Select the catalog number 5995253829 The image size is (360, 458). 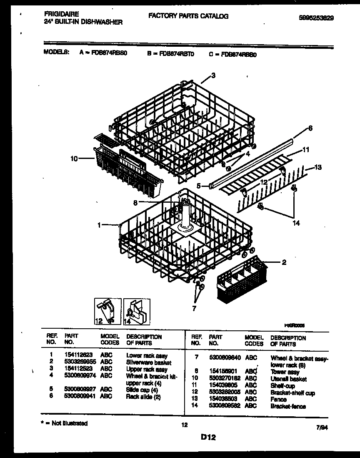coord(316,18)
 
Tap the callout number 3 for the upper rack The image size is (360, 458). coord(213,75)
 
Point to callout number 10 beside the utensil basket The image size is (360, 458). coord(75,159)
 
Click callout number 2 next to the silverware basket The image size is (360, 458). coord(284,262)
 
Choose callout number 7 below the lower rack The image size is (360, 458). coord(193,309)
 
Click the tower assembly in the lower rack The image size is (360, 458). coord(184,213)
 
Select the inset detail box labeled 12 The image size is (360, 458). coord(107,311)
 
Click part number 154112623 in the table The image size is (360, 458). coord(79,356)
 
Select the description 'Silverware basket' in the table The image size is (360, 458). coord(148,362)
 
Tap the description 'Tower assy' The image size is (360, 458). coord(285,372)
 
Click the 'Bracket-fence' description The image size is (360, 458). coord(288,407)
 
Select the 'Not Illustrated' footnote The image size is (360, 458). coord(65,423)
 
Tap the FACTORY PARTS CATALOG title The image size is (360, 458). coord(188,16)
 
